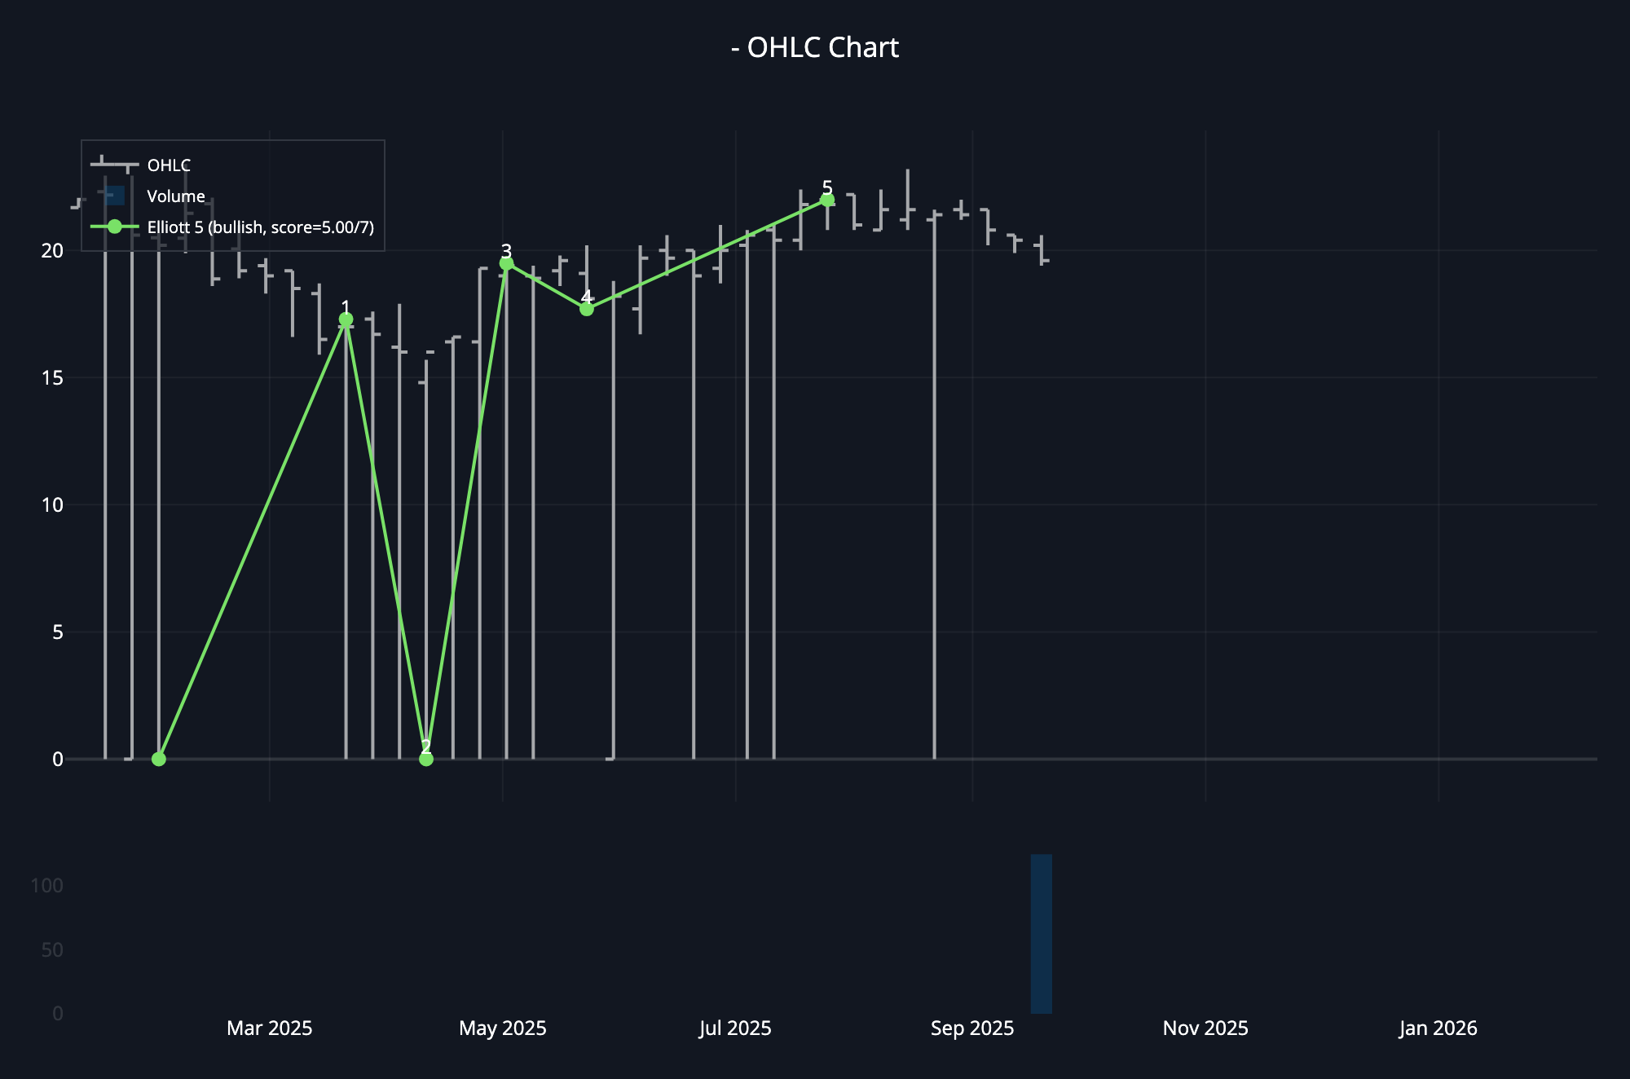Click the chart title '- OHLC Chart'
click(x=815, y=47)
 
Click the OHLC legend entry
click(x=168, y=165)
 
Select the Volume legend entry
click(x=175, y=196)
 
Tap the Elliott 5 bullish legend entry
click(x=260, y=227)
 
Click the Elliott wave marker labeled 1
click(x=346, y=319)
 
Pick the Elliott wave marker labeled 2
click(x=426, y=759)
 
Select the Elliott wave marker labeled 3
click(x=506, y=263)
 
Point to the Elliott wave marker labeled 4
click(x=587, y=309)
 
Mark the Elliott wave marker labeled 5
click(x=827, y=200)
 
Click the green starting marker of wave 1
click(x=159, y=759)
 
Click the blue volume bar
click(x=1041, y=934)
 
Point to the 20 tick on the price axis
click(x=52, y=250)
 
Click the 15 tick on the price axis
click(x=52, y=377)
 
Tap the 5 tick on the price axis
click(x=57, y=632)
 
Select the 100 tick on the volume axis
click(x=46, y=886)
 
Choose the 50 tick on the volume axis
click(x=51, y=950)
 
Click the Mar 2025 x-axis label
click(x=269, y=1028)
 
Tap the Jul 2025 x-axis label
click(x=735, y=1028)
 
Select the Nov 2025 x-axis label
click(x=1205, y=1028)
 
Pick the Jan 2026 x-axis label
click(x=1438, y=1028)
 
